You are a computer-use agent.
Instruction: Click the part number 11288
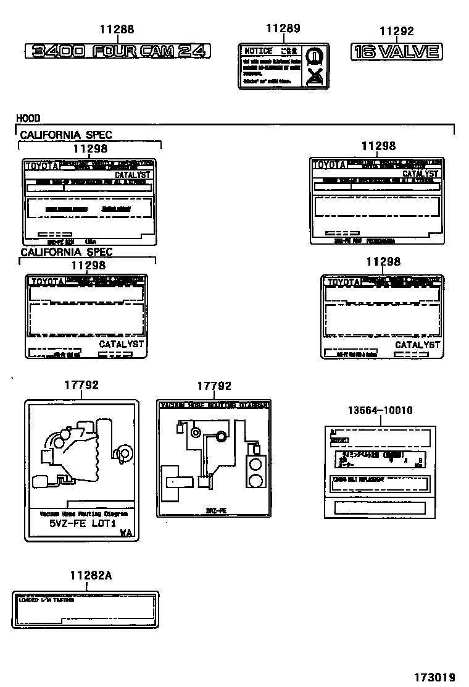(x=117, y=29)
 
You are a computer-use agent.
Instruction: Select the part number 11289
(x=283, y=28)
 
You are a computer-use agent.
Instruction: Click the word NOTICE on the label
(x=258, y=51)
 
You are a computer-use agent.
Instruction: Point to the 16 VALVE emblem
(x=396, y=52)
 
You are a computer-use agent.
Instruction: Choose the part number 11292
(x=396, y=32)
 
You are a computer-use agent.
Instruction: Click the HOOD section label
(x=28, y=118)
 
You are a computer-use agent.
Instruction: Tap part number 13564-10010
(x=380, y=410)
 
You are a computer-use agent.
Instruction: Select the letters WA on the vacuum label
(x=125, y=532)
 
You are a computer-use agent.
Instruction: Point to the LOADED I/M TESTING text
(x=46, y=600)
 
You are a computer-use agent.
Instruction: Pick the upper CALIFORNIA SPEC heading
(x=66, y=135)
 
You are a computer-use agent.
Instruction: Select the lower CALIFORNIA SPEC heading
(x=66, y=252)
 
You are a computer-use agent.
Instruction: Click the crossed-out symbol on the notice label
(x=316, y=76)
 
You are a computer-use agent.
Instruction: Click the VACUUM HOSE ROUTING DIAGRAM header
(x=214, y=405)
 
